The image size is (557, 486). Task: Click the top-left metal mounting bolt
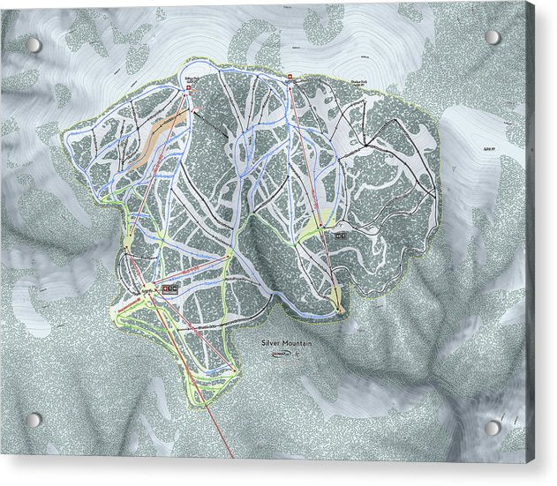pos(33,44)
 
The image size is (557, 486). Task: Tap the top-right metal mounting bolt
pos(493,38)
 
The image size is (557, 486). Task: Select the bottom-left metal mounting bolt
pos(33,420)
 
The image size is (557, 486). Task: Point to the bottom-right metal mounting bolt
pos(493,427)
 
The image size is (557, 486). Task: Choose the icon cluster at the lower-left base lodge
pos(168,288)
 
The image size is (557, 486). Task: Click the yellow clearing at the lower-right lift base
pos(340,308)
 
